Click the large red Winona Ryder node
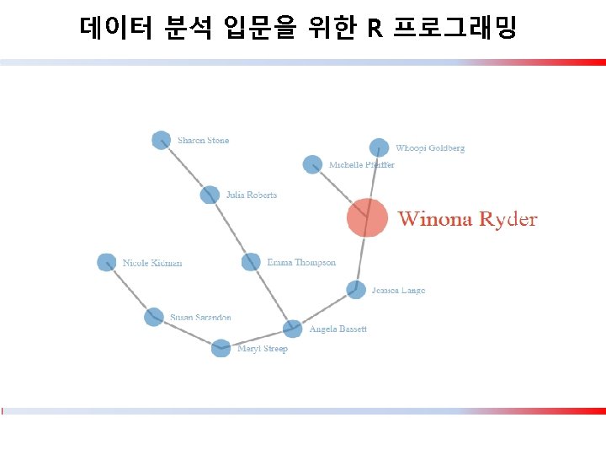click(367, 218)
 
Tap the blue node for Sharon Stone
click(161, 141)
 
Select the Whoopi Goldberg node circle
click(380, 147)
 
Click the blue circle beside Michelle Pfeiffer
click(312, 164)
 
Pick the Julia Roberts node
click(210, 195)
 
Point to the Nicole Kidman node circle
click(106, 262)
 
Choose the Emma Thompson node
click(251, 262)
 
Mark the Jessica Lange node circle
click(356, 290)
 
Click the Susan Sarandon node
click(153, 317)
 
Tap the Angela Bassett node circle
click(292, 328)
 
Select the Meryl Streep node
click(221, 348)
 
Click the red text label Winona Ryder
click(467, 220)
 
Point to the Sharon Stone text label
click(203, 141)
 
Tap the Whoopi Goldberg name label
click(429, 148)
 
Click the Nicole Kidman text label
click(151, 263)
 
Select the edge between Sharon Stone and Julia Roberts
click(185, 168)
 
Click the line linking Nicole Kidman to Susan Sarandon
click(130, 290)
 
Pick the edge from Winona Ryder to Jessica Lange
click(361, 257)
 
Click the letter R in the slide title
click(375, 29)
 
